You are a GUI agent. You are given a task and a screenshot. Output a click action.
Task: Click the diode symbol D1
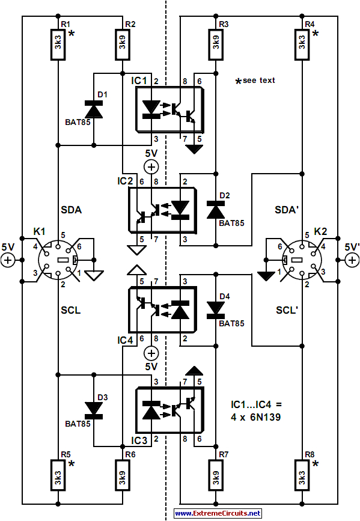[94, 110]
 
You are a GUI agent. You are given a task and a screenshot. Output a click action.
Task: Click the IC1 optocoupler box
[168, 109]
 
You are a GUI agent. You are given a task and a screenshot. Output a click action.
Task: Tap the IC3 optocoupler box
[168, 410]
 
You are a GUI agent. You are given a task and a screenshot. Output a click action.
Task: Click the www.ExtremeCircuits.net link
[218, 513]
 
